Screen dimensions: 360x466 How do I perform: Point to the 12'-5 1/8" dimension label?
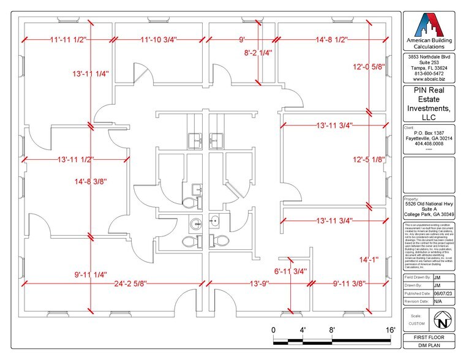click(x=369, y=160)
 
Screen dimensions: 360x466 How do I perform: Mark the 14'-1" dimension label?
click(x=366, y=260)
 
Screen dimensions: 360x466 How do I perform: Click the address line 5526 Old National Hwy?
click(x=430, y=204)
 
